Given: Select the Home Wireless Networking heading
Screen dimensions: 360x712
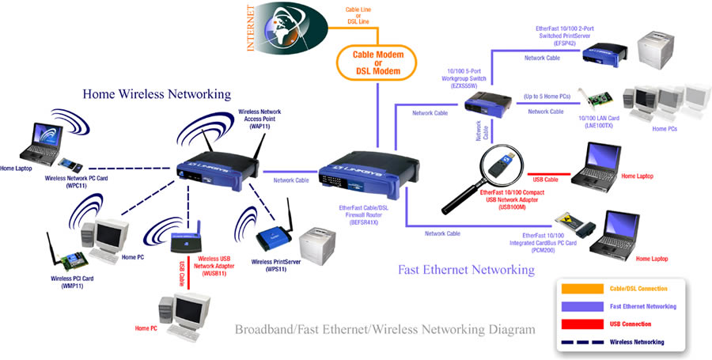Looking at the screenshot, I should (x=157, y=94).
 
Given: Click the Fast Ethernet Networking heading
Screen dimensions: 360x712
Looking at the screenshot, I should (x=466, y=270).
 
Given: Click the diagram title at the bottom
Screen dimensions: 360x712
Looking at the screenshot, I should (x=384, y=328).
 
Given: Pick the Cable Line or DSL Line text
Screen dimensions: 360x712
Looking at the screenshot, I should (x=358, y=15).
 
